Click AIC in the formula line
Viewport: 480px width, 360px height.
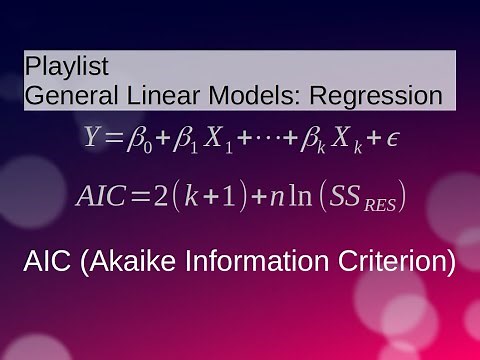pyautogui.click(x=101, y=195)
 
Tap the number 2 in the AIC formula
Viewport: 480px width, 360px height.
pyautogui.click(x=159, y=195)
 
